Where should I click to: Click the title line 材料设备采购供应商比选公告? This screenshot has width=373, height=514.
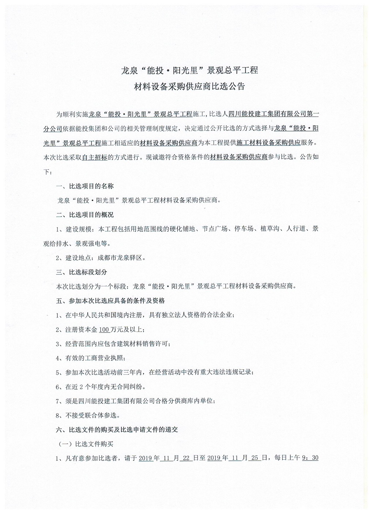(189, 87)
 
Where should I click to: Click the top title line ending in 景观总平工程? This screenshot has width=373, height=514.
(189, 70)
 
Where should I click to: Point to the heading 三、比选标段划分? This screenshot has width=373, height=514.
(82, 272)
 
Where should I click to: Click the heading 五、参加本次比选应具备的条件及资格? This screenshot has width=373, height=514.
(110, 301)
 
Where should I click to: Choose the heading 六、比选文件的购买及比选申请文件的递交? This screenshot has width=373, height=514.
(117, 429)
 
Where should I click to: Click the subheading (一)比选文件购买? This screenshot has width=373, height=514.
(86, 444)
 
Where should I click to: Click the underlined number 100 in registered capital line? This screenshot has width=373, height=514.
(104, 330)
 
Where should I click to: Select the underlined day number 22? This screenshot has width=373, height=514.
(185, 458)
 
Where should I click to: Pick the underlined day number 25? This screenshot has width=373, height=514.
(255, 458)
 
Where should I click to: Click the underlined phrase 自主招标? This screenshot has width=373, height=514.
(95, 157)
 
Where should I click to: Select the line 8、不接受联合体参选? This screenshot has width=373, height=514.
(88, 415)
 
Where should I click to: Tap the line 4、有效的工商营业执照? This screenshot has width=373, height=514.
(93, 358)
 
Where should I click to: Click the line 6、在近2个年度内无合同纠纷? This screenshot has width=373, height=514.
(102, 387)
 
